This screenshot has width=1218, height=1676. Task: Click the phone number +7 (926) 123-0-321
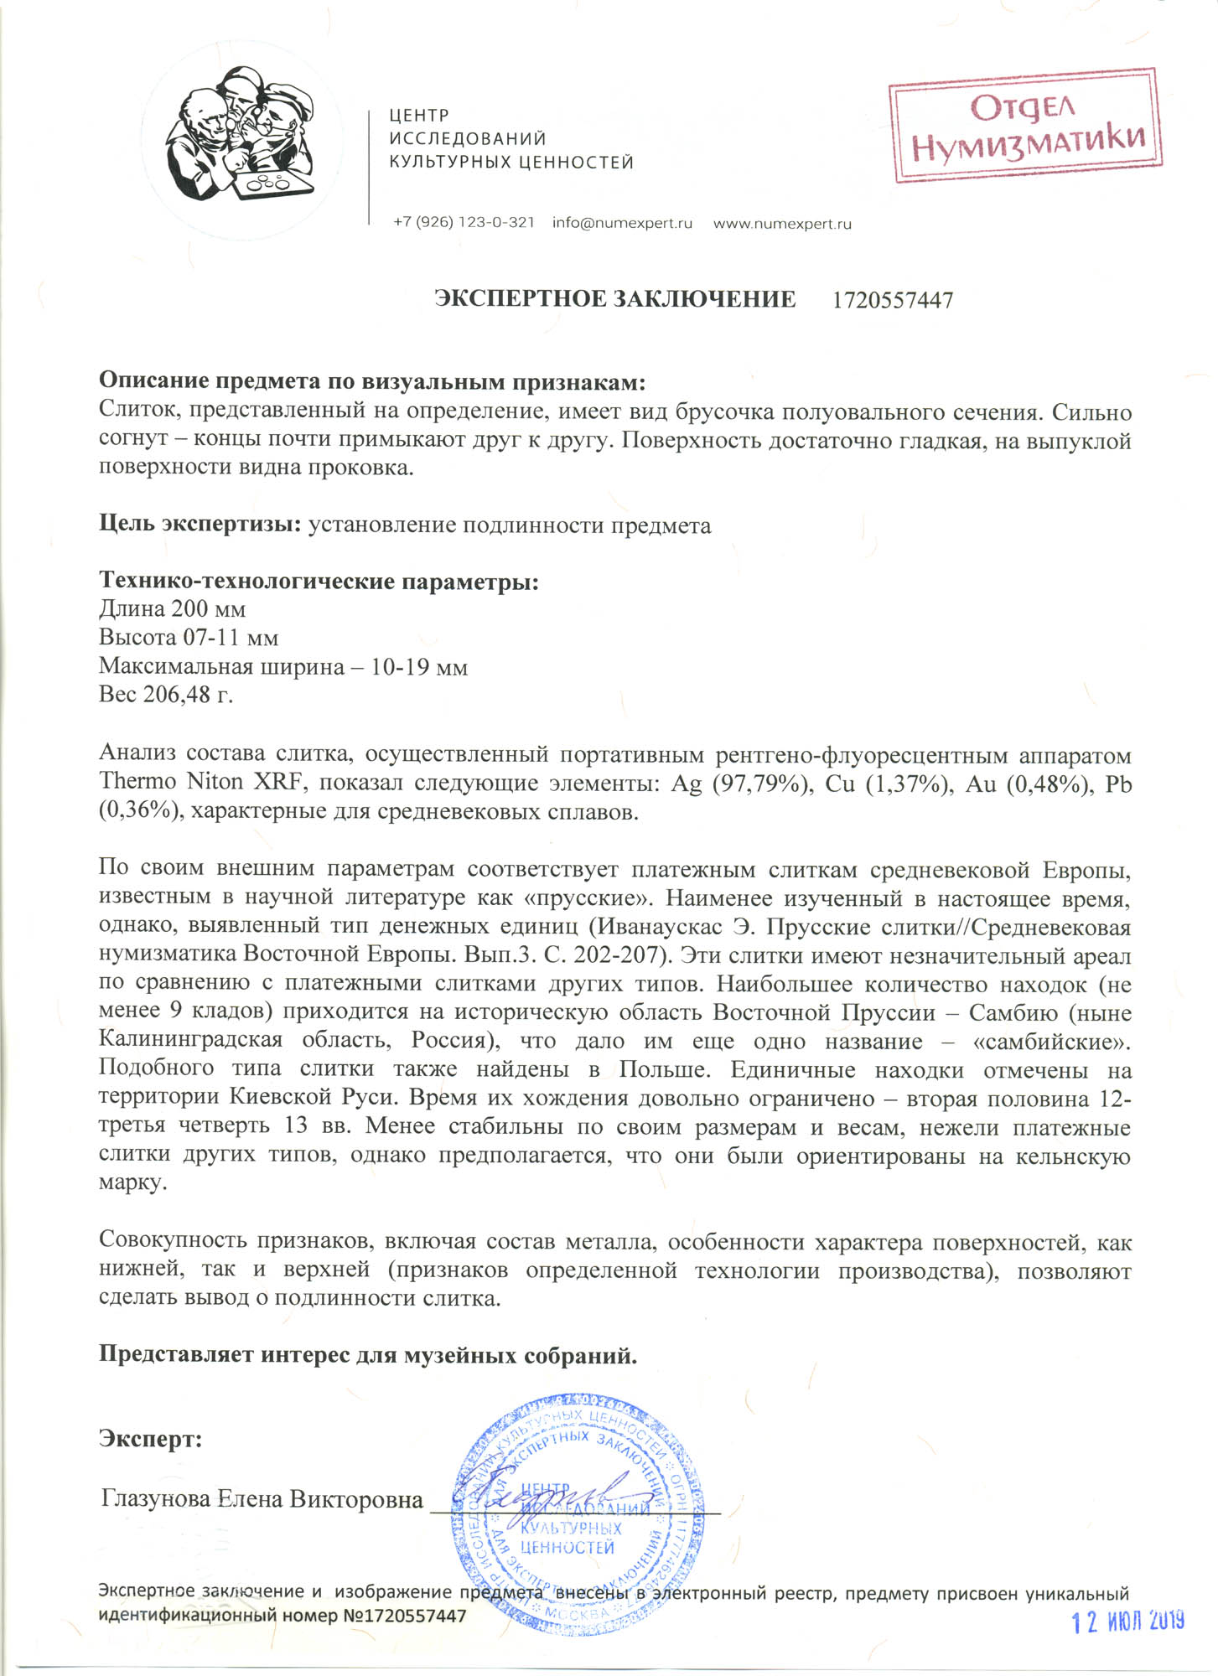[464, 223]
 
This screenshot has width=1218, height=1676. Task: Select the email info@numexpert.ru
[622, 224]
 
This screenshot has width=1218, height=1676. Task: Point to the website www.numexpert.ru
[782, 224]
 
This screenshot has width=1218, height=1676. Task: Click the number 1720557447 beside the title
[893, 300]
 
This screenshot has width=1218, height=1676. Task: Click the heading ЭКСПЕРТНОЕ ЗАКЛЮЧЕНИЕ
[615, 299]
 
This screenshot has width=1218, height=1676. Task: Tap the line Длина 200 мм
[172, 608]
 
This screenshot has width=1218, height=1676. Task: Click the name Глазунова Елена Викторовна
[262, 1498]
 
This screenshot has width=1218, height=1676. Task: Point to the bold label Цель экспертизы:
[200, 525]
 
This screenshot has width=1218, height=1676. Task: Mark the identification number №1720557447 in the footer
[405, 1615]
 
